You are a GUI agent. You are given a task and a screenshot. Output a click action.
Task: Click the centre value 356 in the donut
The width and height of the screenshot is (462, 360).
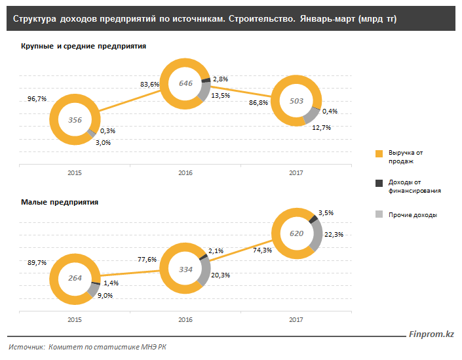pos(75,120)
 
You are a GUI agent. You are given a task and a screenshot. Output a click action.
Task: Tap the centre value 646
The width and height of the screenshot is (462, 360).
pos(186,83)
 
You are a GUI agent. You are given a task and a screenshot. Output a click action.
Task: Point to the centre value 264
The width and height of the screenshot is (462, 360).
pos(75,278)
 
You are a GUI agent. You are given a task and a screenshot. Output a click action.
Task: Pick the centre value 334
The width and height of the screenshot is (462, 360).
pos(186,269)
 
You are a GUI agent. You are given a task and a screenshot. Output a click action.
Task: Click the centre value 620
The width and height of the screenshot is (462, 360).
pos(297,233)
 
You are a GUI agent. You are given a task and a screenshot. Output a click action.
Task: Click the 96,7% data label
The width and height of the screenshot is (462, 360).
pos(37,98)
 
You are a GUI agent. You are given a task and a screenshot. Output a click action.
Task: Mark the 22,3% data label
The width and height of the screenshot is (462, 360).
pos(334,234)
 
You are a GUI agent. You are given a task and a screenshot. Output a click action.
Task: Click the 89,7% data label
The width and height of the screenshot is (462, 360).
pos(37,262)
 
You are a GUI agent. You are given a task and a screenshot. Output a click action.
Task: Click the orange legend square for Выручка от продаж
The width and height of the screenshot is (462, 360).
pos(379,153)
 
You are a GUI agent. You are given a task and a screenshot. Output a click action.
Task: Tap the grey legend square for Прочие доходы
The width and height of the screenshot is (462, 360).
pos(379,214)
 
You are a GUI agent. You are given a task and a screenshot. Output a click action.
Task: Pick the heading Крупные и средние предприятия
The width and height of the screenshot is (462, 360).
pos(83,47)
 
